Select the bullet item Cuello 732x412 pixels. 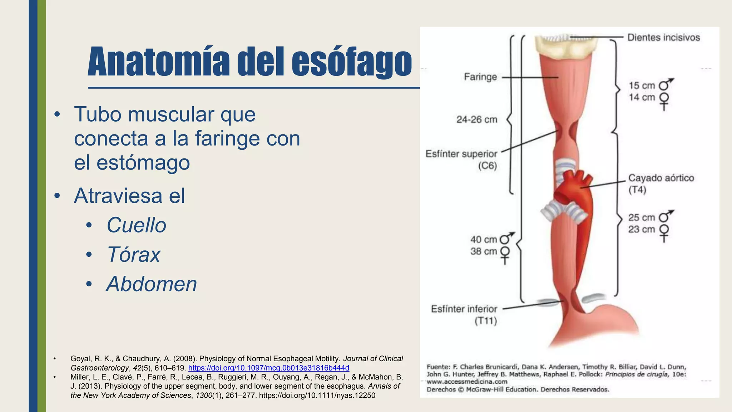pos(136,225)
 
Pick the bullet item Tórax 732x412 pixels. pos(133,255)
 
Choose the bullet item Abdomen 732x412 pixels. pos(152,284)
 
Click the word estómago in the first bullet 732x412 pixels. pos(143,162)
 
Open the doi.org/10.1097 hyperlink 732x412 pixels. pos(268,368)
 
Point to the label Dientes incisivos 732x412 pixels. pos(663,38)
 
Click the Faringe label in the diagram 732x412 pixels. pos(480,77)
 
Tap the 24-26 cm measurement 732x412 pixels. pos(476,119)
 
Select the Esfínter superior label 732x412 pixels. pos(461,154)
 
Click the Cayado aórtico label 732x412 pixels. pos(661,178)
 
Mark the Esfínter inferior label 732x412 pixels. pos(464,309)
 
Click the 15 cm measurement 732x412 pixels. pos(642,86)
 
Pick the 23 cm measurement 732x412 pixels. pos(641,229)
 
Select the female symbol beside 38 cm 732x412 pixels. pos(505,254)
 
